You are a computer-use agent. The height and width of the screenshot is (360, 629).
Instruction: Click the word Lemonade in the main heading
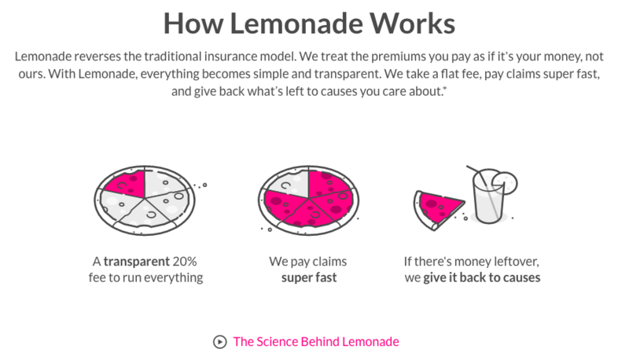[300, 23]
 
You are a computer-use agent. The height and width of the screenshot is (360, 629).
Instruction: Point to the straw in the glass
[476, 174]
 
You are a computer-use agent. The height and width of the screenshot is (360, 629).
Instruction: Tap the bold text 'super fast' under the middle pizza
[309, 277]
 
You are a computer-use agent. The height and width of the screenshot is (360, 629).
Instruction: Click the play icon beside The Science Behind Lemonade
[219, 341]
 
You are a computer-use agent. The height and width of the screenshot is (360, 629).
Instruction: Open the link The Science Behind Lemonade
[316, 341]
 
